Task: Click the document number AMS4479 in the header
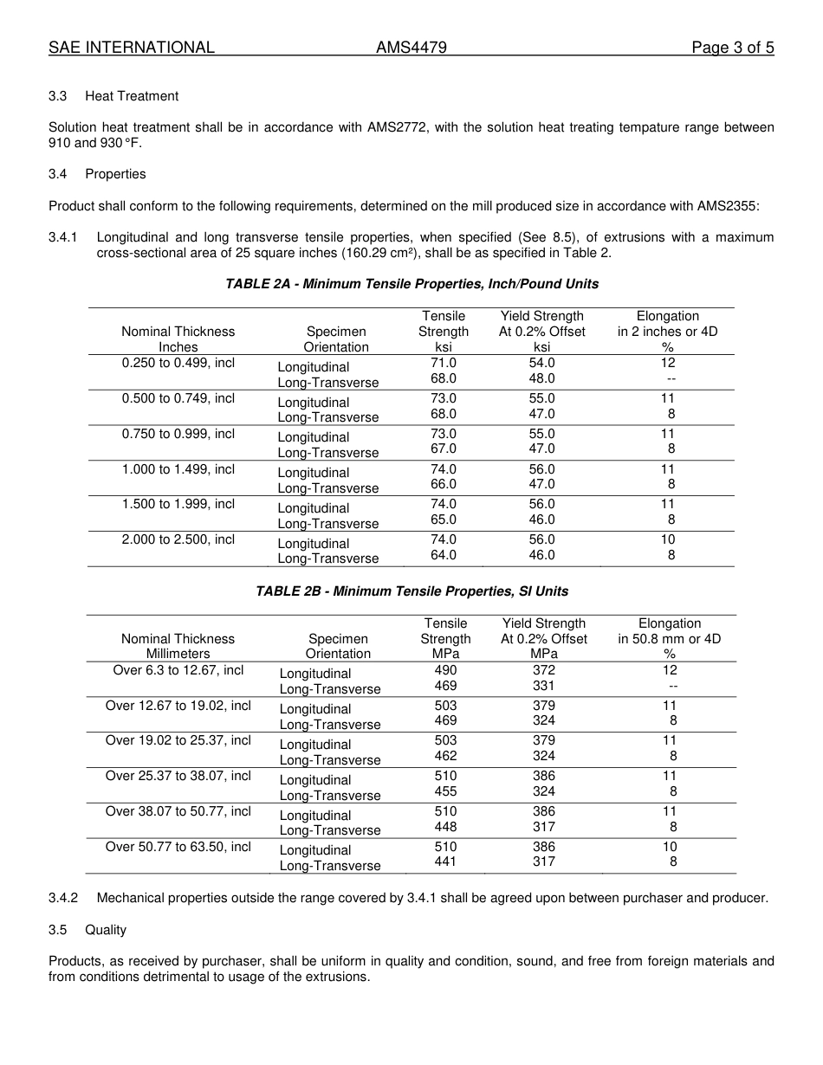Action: [411, 48]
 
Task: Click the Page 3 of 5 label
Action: [732, 48]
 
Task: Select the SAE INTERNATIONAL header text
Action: [132, 48]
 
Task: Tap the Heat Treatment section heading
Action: [132, 96]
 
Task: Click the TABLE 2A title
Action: [411, 284]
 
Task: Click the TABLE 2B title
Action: [411, 591]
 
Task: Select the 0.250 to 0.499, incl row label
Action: [178, 364]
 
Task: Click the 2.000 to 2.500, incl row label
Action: [178, 539]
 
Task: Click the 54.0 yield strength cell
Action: [541, 364]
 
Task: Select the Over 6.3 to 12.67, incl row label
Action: [178, 670]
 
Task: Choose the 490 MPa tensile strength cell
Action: [445, 670]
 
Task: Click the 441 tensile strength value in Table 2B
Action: [445, 862]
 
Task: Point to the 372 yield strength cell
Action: [544, 670]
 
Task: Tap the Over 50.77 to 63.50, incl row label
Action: [178, 847]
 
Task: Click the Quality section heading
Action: [106, 930]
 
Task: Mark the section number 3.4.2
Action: [63, 898]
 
